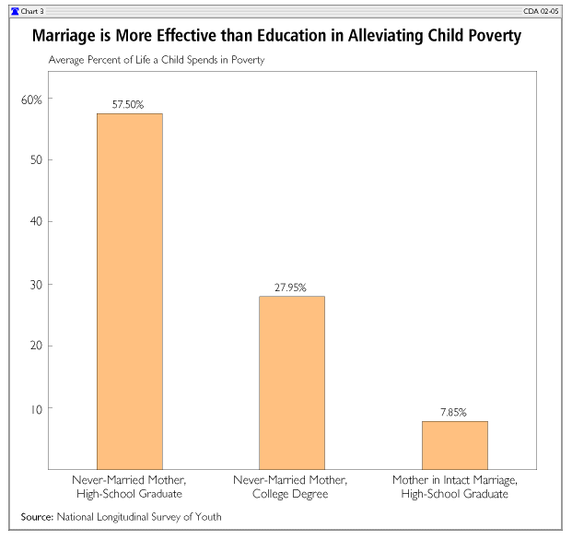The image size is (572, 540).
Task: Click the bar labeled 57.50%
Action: [x=130, y=290]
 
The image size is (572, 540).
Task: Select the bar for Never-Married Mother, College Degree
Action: [x=292, y=382]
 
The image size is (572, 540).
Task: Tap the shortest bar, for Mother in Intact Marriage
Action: [x=454, y=444]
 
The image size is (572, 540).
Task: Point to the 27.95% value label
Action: [x=292, y=288]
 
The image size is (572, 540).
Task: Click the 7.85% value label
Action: [x=454, y=413]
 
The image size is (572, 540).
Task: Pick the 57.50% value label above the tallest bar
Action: [x=130, y=105]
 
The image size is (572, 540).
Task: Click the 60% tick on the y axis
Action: [x=31, y=99]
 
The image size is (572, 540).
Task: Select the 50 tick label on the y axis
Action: [x=34, y=160]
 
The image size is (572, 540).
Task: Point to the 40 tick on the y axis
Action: [x=34, y=222]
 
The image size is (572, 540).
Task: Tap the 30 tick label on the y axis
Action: [x=34, y=284]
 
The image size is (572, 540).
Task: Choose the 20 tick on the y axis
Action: [x=34, y=346]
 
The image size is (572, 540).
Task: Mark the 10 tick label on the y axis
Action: [x=34, y=407]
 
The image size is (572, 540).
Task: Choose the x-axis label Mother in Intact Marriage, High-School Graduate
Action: [x=454, y=488]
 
